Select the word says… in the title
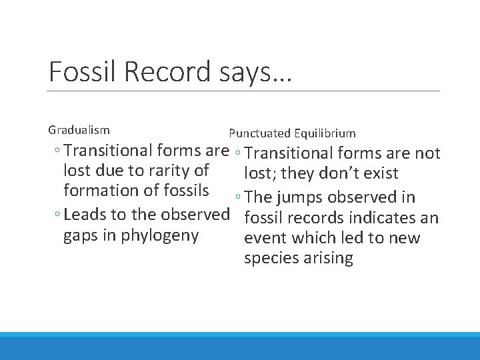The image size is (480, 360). pos(253,72)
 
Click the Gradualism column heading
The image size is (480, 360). pos(79,130)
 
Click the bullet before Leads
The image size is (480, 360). pos(59,215)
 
